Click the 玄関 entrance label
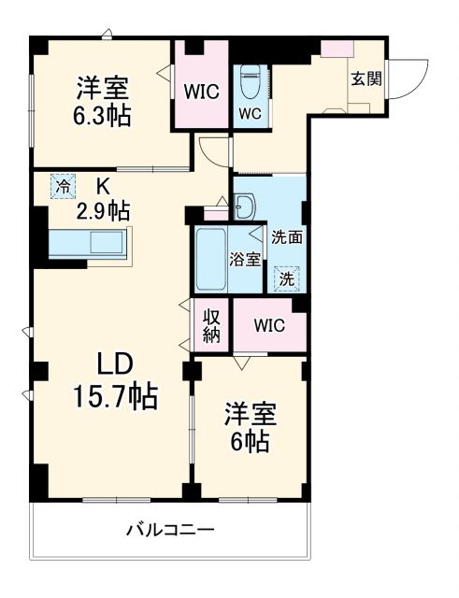(366, 78)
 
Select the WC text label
(250, 115)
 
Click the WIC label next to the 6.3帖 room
(201, 93)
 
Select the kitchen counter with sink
(89, 246)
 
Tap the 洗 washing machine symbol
(287, 277)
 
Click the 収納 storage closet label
(212, 327)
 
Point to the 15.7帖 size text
(115, 397)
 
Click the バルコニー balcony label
(171, 530)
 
